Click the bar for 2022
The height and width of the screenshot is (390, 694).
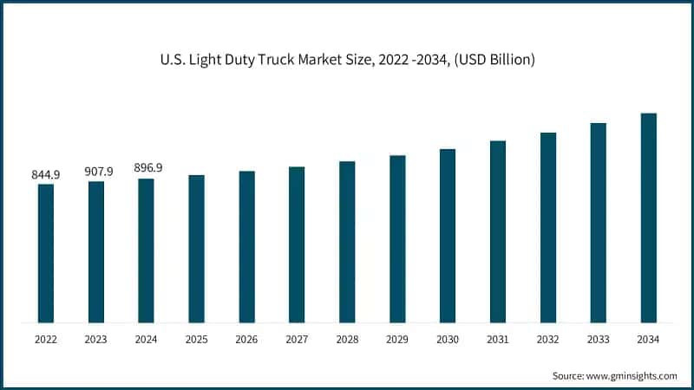pyautogui.click(x=46, y=253)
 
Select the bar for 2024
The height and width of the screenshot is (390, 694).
pyautogui.click(x=146, y=250)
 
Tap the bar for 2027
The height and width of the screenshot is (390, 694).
pyautogui.click(x=297, y=244)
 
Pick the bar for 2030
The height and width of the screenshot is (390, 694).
pyautogui.click(x=448, y=236)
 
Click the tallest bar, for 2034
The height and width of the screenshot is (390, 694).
pyautogui.click(x=648, y=218)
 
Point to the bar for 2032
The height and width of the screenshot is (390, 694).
pyautogui.click(x=548, y=227)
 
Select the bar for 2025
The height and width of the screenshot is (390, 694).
pyautogui.click(x=196, y=249)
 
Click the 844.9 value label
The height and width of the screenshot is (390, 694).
pyautogui.click(x=46, y=174)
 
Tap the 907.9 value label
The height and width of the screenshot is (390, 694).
pyautogui.click(x=96, y=171)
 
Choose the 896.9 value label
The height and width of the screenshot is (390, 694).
pyautogui.click(x=147, y=168)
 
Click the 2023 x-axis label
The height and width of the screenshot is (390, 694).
pyautogui.click(x=96, y=340)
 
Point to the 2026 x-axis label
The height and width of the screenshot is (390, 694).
pyautogui.click(x=246, y=340)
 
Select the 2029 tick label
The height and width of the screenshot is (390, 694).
pyautogui.click(x=397, y=340)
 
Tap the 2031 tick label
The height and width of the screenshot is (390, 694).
pyautogui.click(x=498, y=340)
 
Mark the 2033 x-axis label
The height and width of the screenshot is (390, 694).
pyautogui.click(x=598, y=340)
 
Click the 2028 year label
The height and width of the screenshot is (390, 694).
pyautogui.click(x=347, y=340)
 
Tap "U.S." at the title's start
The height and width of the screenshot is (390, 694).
pyautogui.click(x=173, y=60)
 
